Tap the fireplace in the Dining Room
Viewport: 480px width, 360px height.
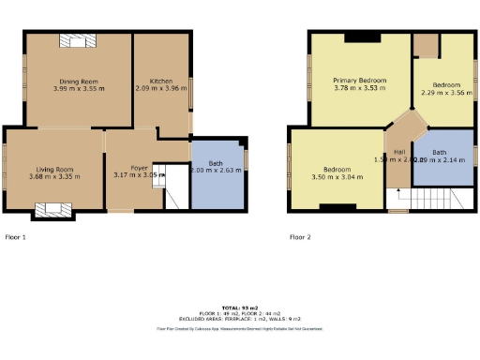click(x=76, y=39)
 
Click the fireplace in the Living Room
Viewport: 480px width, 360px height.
click(x=46, y=212)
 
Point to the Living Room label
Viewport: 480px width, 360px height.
click(x=51, y=169)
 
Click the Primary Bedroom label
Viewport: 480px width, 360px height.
click(x=360, y=81)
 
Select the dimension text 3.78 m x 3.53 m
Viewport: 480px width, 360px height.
click(x=360, y=90)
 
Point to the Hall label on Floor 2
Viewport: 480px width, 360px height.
click(x=398, y=152)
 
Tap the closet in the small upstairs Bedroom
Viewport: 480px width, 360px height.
click(x=427, y=44)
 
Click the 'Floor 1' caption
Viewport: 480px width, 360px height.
click(x=15, y=237)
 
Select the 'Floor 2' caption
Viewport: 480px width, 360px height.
click(x=300, y=237)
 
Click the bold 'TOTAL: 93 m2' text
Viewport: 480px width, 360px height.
click(x=239, y=307)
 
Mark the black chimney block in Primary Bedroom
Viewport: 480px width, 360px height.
click(x=362, y=37)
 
